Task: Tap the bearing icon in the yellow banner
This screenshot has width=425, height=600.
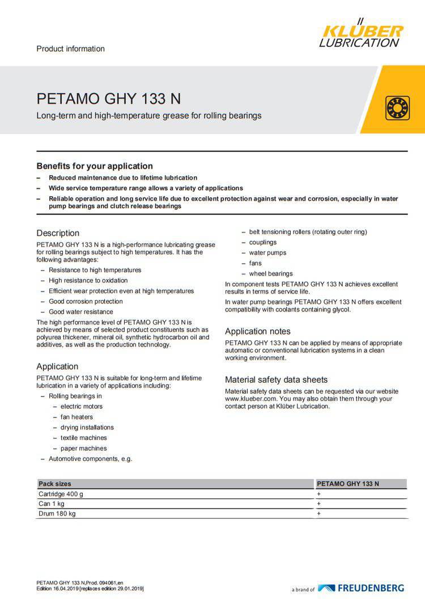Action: click(x=397, y=108)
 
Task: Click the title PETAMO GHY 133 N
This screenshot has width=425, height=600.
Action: click(x=109, y=99)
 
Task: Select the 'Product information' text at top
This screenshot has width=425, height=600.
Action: click(x=70, y=49)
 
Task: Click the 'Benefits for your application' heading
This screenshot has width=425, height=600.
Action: click(x=95, y=166)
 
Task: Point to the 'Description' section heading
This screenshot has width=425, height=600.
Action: click(x=58, y=233)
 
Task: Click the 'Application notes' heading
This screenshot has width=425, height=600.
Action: click(x=257, y=331)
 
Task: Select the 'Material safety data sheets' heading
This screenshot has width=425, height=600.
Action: click(x=276, y=379)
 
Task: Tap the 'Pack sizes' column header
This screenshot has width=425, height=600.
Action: click(x=55, y=484)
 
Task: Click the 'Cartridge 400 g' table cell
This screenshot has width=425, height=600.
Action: click(x=61, y=494)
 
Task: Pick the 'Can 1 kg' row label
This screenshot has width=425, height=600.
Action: click(x=51, y=504)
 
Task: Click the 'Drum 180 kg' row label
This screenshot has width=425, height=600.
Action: click(x=57, y=514)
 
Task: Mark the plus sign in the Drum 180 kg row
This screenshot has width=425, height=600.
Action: click(x=319, y=514)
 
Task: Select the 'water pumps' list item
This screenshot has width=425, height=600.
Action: click(x=267, y=253)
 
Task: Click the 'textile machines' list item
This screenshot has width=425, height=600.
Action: click(x=83, y=438)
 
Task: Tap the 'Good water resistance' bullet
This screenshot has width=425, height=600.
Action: click(x=80, y=312)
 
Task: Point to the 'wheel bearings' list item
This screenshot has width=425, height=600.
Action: click(x=271, y=273)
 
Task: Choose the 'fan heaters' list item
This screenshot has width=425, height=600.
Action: click(x=76, y=417)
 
